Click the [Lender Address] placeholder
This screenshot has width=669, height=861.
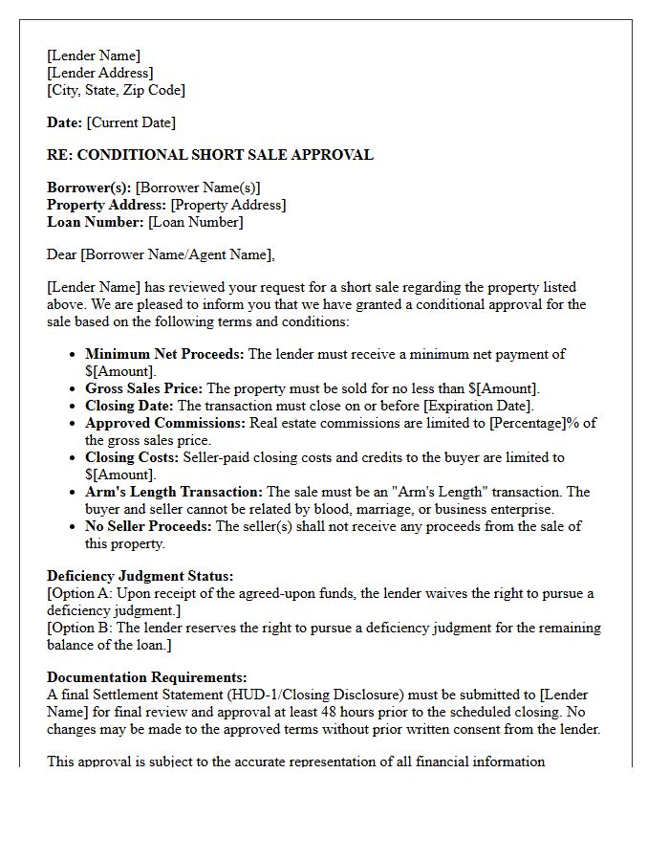(100, 73)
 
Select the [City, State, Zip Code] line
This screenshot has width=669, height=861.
(116, 90)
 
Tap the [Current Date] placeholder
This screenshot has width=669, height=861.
(131, 122)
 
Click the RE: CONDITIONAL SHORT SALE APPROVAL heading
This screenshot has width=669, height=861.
(210, 155)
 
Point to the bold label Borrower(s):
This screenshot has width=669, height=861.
(89, 188)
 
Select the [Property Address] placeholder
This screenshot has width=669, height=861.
(227, 205)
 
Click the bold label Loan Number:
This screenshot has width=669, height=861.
(96, 222)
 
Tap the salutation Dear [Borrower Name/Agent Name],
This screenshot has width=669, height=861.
(161, 254)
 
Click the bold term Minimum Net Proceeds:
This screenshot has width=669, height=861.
(164, 354)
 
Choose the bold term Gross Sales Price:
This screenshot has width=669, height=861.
(143, 388)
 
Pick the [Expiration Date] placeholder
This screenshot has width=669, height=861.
(472, 406)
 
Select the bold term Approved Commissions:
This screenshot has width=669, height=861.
(165, 423)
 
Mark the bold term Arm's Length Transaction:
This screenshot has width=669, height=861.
(174, 492)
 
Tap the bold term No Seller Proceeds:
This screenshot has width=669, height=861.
(149, 526)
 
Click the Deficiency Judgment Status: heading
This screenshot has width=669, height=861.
(140, 576)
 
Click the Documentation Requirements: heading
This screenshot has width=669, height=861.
(146, 677)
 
